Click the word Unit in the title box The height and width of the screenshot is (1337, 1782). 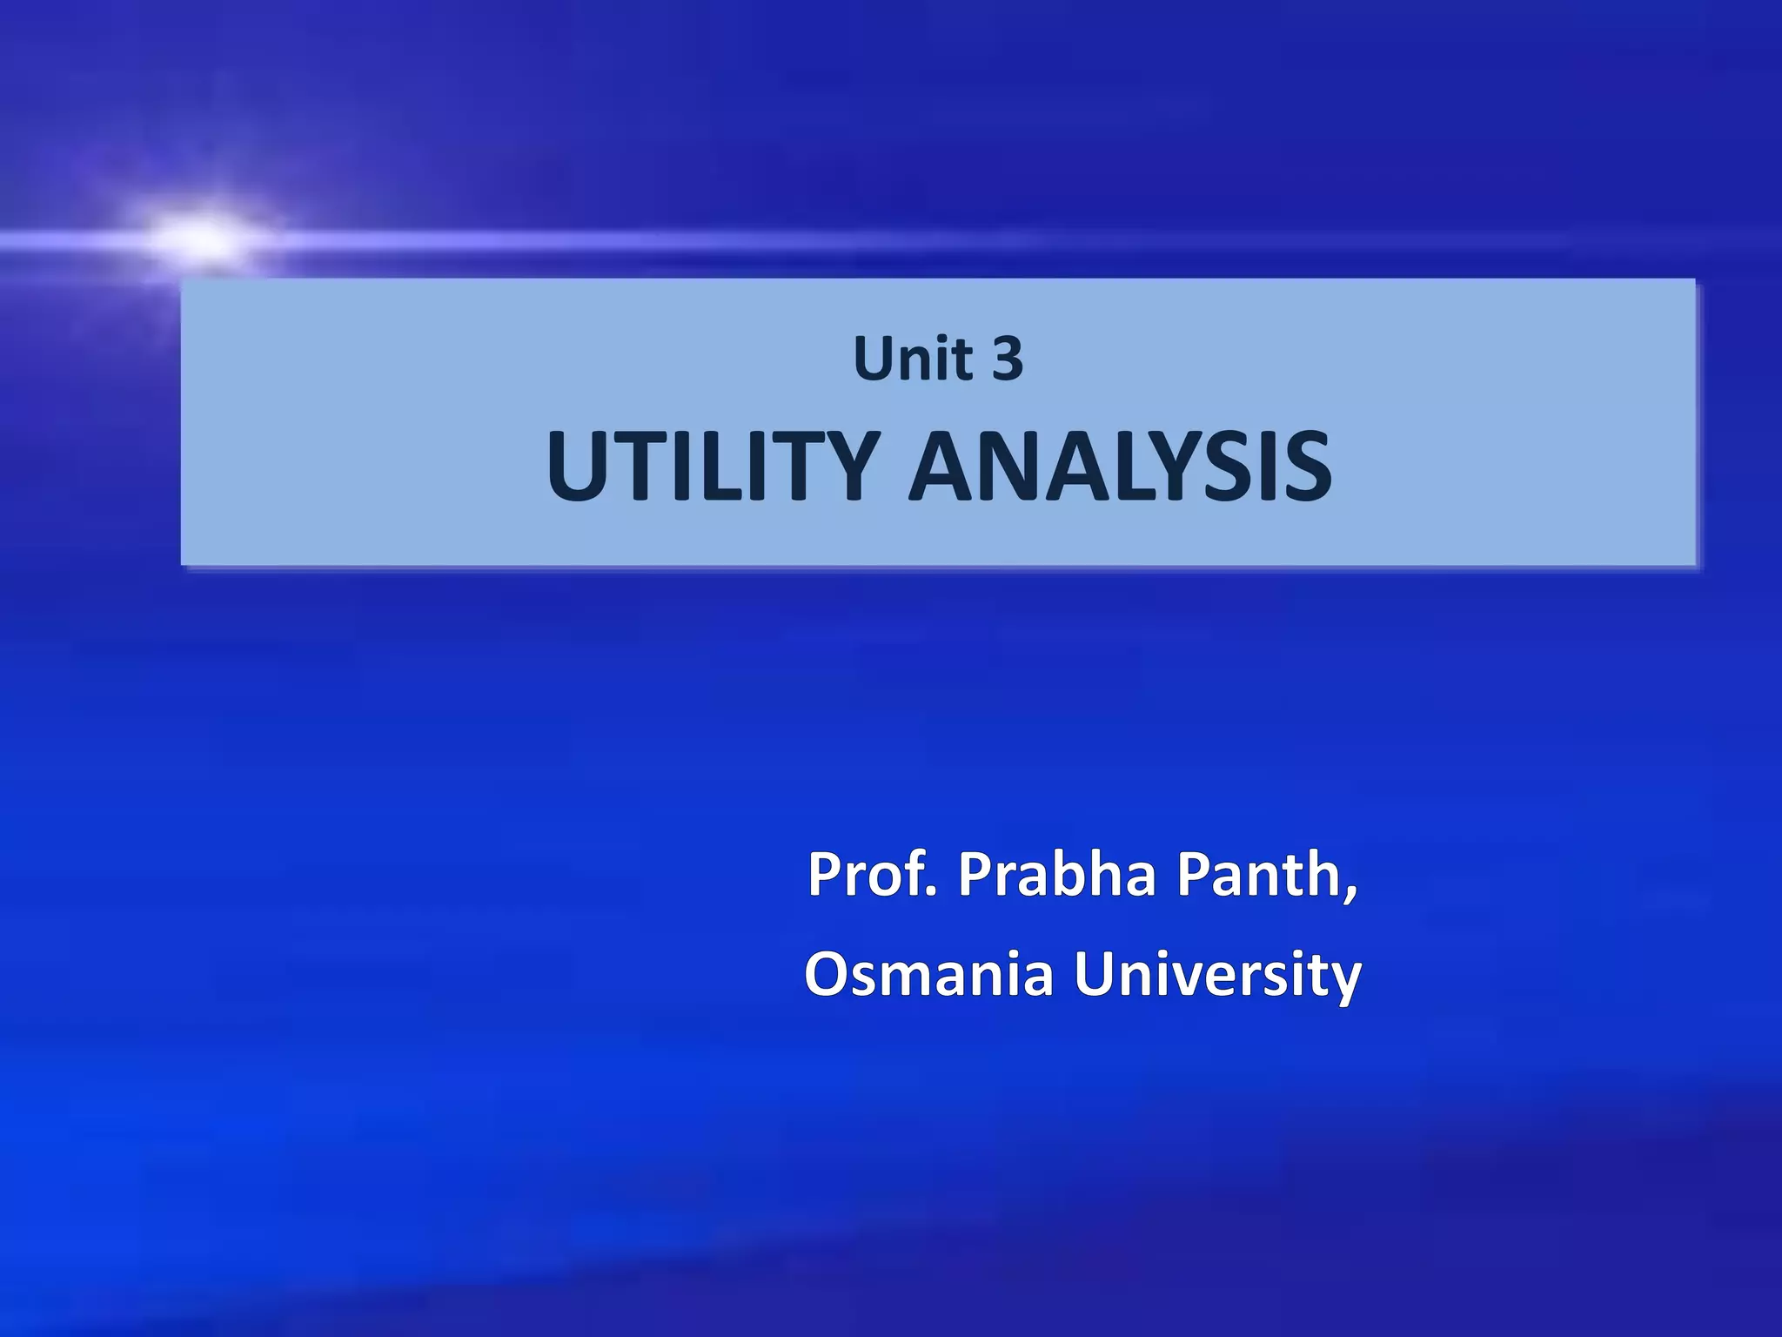pos(913,359)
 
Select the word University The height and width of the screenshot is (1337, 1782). pos(1217,975)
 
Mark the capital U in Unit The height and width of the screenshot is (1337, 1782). pos(874,359)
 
